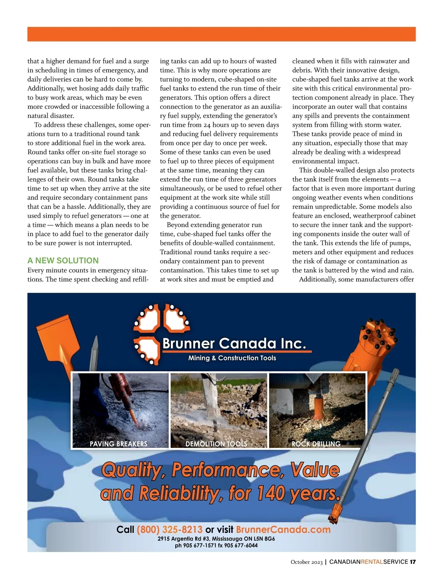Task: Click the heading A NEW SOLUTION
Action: (x=63, y=260)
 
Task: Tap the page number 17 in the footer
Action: (x=413, y=562)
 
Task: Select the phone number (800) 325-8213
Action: (x=169, y=530)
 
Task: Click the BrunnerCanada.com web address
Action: (x=283, y=530)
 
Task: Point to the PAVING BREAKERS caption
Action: (x=118, y=444)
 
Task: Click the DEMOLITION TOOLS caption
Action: (x=216, y=444)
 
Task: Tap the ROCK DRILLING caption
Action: (x=316, y=444)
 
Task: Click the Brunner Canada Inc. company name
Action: (x=234, y=344)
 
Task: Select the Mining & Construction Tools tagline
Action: (x=232, y=358)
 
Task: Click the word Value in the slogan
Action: (x=315, y=470)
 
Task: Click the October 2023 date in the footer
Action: (x=306, y=562)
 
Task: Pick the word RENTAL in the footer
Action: (x=372, y=562)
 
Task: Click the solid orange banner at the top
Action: (x=221, y=34)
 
